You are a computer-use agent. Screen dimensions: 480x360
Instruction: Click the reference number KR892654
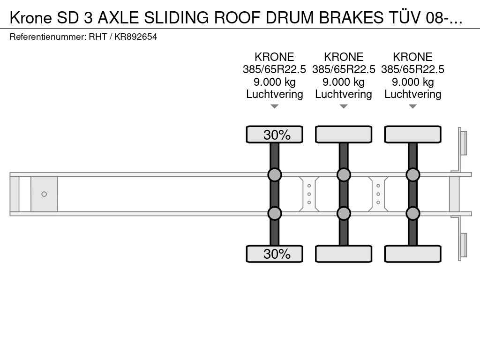coord(135,37)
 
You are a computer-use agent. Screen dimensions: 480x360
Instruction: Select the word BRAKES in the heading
coord(351,18)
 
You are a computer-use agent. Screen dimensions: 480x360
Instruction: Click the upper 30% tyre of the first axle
coord(275,135)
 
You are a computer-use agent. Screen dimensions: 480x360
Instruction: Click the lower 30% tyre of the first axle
coord(275,254)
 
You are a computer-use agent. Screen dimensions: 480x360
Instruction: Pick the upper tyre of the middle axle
coord(344,135)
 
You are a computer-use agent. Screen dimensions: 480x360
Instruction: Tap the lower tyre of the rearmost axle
coord(412,254)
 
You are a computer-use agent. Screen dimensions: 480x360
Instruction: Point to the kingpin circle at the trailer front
coord(44,194)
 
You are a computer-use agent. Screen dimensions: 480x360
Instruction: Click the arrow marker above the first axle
coord(275,106)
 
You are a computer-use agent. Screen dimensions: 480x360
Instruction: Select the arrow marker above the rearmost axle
coord(412,106)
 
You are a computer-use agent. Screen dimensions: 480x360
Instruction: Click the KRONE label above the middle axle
coord(344,57)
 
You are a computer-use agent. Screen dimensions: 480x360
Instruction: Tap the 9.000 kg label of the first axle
coord(275,82)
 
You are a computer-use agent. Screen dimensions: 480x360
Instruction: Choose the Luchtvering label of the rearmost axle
coord(412,94)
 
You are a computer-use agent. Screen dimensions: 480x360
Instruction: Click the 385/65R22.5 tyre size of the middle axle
coord(344,69)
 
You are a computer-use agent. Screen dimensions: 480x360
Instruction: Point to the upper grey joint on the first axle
coord(275,175)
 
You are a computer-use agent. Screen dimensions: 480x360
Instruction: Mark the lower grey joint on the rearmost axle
coord(412,213)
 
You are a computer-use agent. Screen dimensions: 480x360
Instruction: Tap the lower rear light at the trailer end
coord(462,246)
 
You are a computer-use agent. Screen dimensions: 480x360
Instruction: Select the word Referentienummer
coord(48,37)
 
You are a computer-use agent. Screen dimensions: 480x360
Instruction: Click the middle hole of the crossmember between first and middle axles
coord(309,194)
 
